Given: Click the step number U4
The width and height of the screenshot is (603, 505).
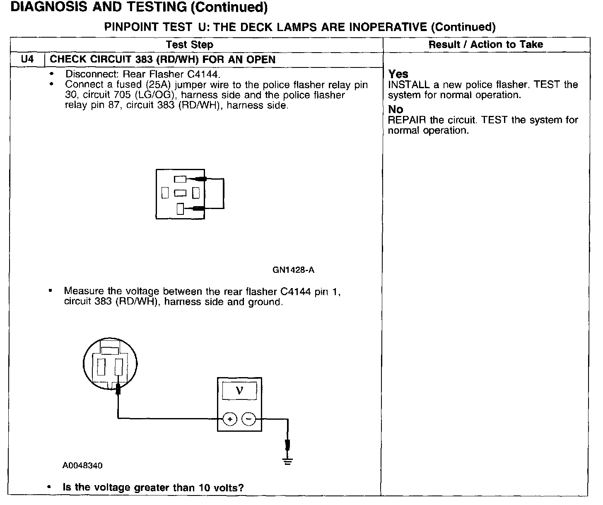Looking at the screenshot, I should click(x=27, y=59).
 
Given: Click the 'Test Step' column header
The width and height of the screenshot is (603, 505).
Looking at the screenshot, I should click(x=189, y=45).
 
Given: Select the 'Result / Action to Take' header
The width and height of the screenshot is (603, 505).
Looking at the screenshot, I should click(x=485, y=45).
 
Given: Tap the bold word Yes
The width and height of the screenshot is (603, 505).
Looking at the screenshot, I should click(x=398, y=74).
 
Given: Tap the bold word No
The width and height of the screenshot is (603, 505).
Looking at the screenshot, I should click(x=396, y=110).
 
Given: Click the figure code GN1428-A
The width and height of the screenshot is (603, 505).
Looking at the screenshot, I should click(x=293, y=270).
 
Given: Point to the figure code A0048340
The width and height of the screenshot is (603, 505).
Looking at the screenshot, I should click(x=82, y=465).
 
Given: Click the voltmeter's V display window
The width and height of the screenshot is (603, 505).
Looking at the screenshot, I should click(x=239, y=391).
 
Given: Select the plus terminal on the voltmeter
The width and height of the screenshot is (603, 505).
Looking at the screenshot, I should click(x=230, y=419).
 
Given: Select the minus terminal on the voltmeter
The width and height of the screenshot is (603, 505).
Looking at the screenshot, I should click(x=248, y=419).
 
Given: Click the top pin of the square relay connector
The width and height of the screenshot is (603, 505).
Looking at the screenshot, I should click(x=180, y=179).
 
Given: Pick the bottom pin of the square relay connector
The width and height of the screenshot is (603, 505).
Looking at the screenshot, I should click(x=180, y=209).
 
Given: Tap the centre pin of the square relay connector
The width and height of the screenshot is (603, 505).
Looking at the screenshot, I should click(x=180, y=193).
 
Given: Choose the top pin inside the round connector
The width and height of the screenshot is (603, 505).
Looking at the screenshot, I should click(x=110, y=351).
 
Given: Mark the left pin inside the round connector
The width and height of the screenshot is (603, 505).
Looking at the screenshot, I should click(x=101, y=366).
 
